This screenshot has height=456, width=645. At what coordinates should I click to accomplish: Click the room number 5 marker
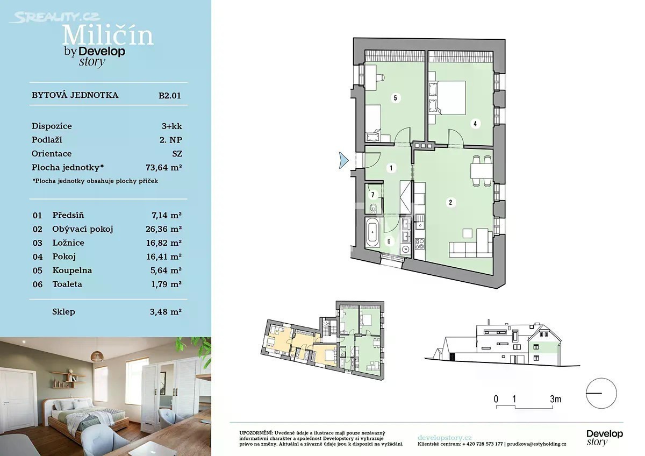[x=395, y=98]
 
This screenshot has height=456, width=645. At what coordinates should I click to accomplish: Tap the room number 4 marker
[x=475, y=124]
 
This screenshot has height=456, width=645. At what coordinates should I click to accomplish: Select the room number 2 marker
[x=450, y=203]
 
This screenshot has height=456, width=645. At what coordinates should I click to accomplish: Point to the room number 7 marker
[x=372, y=195]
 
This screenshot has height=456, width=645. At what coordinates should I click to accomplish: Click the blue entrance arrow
[x=343, y=160]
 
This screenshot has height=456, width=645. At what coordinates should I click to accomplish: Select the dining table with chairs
[x=481, y=171]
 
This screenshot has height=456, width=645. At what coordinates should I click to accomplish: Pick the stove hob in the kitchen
[x=420, y=244]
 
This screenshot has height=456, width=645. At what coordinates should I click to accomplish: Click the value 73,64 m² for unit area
[x=163, y=167]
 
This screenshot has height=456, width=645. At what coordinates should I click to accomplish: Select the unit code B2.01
[x=170, y=96]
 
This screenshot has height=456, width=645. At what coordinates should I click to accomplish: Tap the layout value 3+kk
[x=171, y=126]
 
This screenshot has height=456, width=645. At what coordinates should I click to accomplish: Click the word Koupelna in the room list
[x=72, y=270]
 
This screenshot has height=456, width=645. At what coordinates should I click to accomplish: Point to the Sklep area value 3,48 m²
[x=166, y=312]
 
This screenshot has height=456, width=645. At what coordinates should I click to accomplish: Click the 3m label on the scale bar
[x=555, y=399]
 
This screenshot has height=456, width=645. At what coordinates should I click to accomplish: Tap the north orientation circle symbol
[x=601, y=393]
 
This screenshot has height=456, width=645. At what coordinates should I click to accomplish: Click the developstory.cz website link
[x=445, y=438]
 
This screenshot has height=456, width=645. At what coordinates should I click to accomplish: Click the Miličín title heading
[x=107, y=35]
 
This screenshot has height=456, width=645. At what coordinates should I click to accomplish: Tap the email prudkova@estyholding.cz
[x=536, y=444]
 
